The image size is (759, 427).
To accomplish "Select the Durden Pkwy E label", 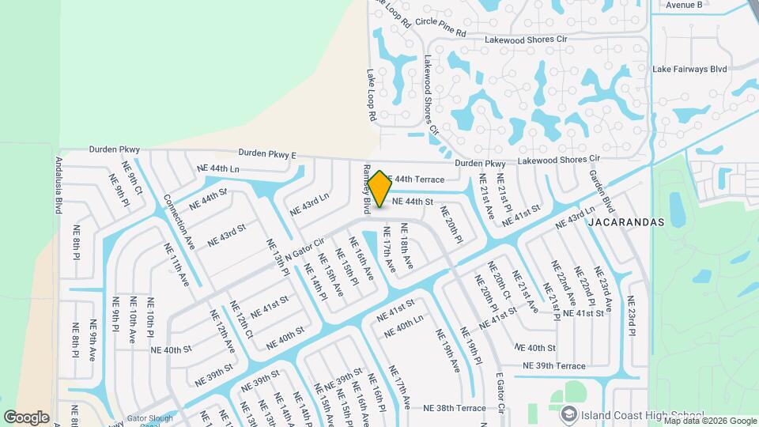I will (266, 153).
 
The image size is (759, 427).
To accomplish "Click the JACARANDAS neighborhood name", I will (626, 223).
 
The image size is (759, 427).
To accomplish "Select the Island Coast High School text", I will (642, 414).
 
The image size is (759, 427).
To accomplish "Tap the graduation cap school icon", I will (568, 414).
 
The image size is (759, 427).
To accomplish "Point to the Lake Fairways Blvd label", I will (689, 70).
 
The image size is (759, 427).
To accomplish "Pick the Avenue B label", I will (684, 5).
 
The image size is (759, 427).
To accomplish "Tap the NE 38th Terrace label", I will (454, 408).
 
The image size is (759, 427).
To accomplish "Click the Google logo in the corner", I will (26, 417).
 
